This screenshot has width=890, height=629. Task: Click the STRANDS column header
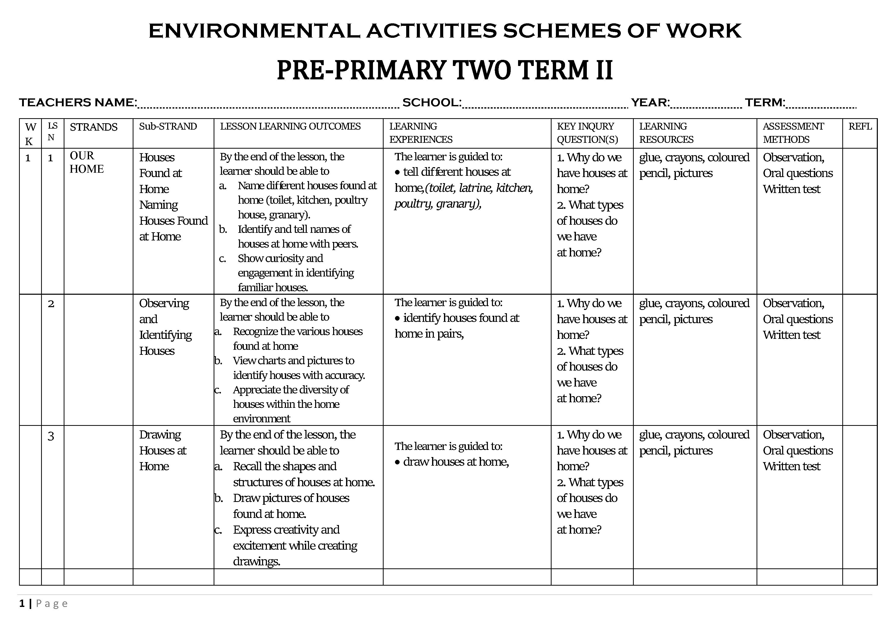tap(93, 127)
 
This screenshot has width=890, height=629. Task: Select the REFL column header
tap(860, 126)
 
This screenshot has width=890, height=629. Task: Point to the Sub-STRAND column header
tap(168, 126)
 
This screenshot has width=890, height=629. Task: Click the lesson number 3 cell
tap(51, 436)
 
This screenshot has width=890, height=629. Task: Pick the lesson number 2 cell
tap(51, 304)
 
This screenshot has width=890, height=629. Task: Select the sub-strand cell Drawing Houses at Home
tap(163, 450)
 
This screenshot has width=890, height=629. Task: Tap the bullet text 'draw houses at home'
tap(455, 462)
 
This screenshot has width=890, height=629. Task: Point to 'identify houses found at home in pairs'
tap(457, 326)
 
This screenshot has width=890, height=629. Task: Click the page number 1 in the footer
tap(22, 603)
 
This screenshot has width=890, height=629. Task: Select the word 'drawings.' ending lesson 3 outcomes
tap(256, 561)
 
